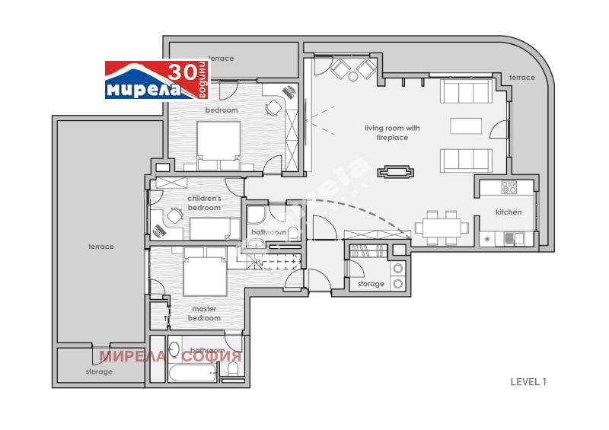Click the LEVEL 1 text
(x=528, y=382)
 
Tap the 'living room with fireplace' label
(x=392, y=132)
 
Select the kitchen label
(x=509, y=212)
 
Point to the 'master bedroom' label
(x=205, y=314)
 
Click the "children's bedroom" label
(x=204, y=203)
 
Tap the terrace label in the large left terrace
(x=100, y=247)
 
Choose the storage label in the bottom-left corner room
(x=99, y=371)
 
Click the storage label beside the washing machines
(x=371, y=284)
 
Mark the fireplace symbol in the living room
(x=395, y=172)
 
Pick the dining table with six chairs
(x=442, y=228)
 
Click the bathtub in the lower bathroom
(x=192, y=374)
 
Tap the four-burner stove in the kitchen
(x=509, y=186)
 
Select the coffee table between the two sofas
(x=466, y=125)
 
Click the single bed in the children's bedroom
(x=210, y=228)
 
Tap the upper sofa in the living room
(x=466, y=93)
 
